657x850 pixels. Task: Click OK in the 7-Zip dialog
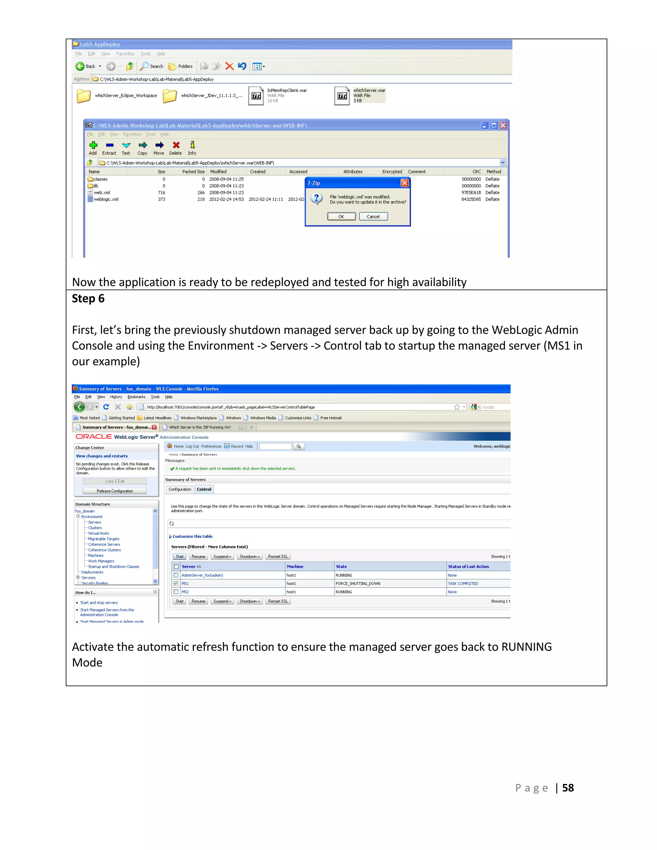[341, 217]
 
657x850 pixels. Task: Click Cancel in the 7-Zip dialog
[373, 217]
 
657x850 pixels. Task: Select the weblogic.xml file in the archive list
[106, 199]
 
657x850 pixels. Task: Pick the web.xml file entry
[102, 193]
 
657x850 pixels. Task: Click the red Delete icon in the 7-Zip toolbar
[176, 146]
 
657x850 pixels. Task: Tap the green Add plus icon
[93, 146]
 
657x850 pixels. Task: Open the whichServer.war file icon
[342, 96]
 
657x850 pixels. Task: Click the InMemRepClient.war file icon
[256, 96]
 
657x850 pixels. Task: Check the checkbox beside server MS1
[176, 583]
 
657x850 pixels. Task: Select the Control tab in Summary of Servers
[204, 489]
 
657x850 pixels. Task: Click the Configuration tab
[180, 489]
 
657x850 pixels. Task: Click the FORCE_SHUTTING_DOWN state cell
[358, 583]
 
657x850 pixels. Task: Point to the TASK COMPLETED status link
[463, 583]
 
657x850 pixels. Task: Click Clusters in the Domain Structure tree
[95, 528]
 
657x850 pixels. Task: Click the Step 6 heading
[88, 299]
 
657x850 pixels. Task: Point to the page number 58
[568, 788]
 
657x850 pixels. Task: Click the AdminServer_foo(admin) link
[202, 575]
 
